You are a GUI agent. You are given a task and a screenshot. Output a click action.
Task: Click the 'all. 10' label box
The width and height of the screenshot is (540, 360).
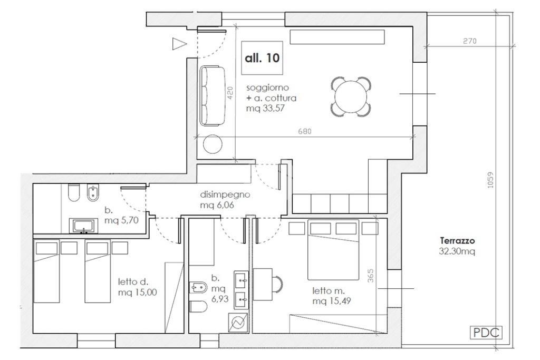click(262, 58)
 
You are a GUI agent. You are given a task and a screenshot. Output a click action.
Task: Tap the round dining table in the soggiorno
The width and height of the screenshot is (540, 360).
click(351, 96)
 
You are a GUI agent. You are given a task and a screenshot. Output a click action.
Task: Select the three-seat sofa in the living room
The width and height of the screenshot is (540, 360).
click(213, 96)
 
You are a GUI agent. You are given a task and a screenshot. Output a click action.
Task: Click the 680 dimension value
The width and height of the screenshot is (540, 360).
click(305, 131)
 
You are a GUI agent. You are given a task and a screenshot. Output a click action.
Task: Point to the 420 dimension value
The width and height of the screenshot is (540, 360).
click(230, 93)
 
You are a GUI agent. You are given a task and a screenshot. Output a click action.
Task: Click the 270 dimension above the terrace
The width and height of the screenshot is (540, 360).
click(470, 41)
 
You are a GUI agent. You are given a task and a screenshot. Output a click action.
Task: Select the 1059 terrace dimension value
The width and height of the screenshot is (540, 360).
click(490, 180)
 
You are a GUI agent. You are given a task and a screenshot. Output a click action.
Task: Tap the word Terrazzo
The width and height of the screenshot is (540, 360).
click(457, 240)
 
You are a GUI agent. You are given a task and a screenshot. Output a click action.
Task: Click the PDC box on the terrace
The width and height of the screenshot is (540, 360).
click(486, 333)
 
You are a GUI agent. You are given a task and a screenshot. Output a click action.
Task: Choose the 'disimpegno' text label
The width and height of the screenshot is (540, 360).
click(225, 195)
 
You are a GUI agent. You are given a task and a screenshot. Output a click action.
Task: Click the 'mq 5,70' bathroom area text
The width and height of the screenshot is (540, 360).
click(122, 220)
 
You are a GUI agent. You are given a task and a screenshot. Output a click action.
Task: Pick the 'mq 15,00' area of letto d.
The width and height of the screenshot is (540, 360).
click(138, 293)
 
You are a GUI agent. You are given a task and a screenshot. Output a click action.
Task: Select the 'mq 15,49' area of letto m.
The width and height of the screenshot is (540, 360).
click(332, 301)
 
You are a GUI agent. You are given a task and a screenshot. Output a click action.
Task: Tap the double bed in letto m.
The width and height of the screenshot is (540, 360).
click(333, 249)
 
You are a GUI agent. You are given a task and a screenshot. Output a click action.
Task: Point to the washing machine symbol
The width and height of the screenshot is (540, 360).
click(238, 323)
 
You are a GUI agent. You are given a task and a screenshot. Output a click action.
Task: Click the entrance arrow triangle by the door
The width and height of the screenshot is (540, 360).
click(179, 44)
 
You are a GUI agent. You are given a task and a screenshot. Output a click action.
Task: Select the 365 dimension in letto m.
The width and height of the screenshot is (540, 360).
click(370, 276)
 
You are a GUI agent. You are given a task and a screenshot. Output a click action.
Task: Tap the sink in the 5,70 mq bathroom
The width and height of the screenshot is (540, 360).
click(83, 226)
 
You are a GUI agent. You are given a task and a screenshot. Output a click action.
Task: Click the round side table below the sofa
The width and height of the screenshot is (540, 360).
click(213, 144)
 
